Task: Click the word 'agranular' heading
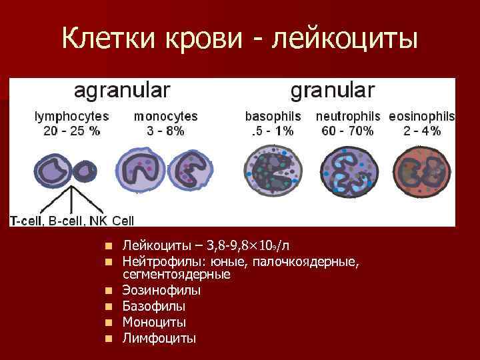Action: (121, 91)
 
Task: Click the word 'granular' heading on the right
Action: (333, 91)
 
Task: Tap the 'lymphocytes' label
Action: (72, 116)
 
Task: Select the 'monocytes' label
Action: (166, 116)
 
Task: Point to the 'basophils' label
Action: (273, 116)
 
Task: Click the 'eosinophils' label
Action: (422, 116)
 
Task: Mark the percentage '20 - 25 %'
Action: (72, 131)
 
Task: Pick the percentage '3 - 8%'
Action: (166, 131)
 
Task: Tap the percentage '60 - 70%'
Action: (347, 131)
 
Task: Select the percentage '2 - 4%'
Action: (422, 131)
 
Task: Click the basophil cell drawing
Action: (273, 172)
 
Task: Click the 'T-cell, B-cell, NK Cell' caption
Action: (72, 220)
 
